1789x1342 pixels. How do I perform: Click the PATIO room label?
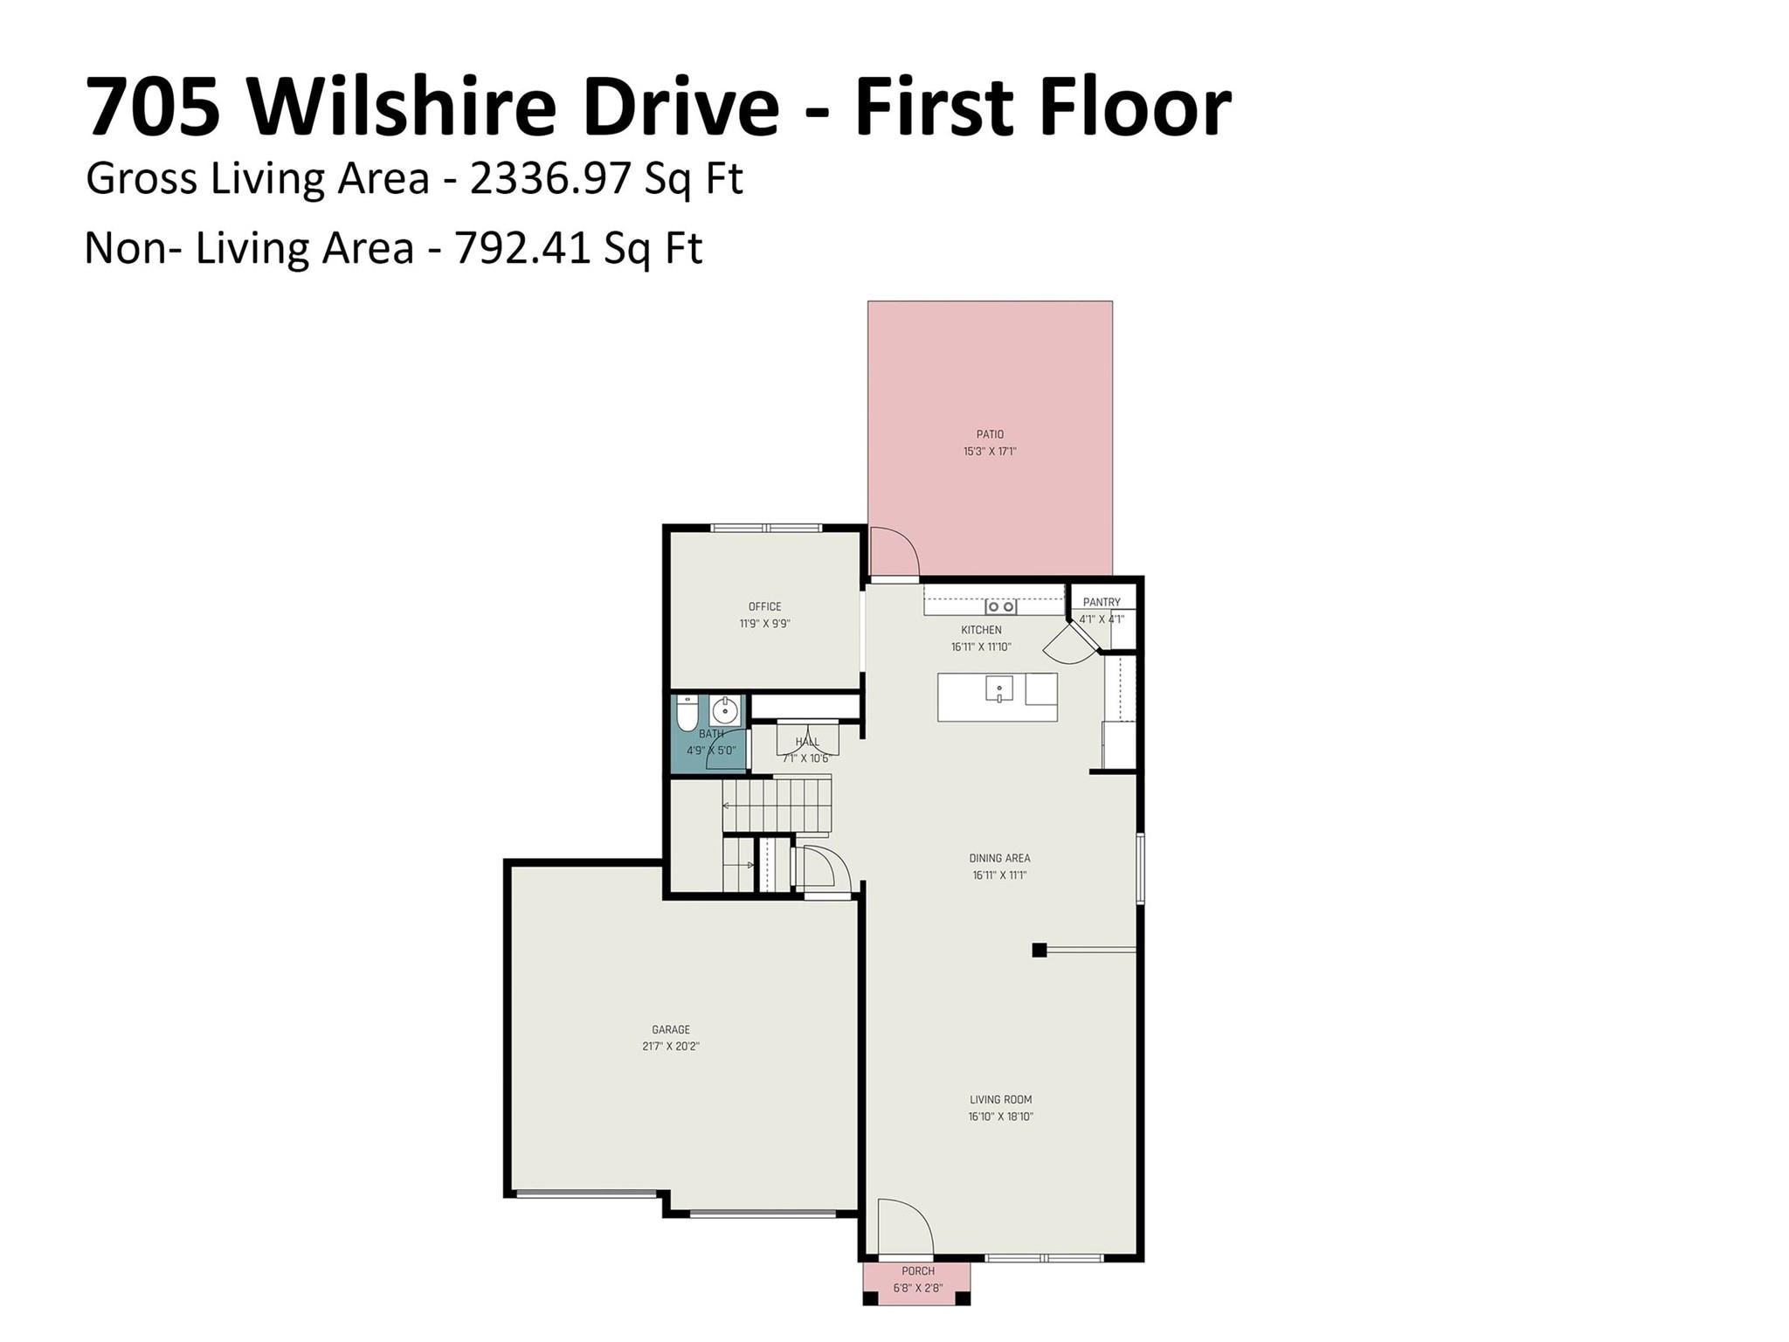click(x=990, y=434)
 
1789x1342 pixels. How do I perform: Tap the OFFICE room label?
click(x=764, y=606)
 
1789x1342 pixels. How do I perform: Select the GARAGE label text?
click(x=670, y=1030)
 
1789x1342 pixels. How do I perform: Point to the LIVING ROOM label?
click(x=1000, y=1100)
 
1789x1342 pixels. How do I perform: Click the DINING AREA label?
click(x=999, y=858)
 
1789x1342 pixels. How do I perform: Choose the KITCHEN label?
click(x=981, y=630)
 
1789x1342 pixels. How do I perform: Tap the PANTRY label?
click(x=1102, y=602)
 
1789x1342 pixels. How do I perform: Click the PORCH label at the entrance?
click(x=917, y=1271)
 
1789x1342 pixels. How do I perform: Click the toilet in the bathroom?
click(x=687, y=713)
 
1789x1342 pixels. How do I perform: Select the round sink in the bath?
click(x=724, y=709)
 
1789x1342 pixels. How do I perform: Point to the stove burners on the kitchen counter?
click(x=1000, y=606)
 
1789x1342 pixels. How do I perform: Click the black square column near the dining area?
click(x=1040, y=950)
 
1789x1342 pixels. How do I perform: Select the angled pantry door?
click(x=1070, y=645)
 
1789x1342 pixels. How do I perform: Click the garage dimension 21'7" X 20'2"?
click(x=670, y=1047)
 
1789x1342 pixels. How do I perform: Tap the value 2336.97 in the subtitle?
click(x=549, y=178)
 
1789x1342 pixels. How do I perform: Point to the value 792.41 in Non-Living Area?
click(x=523, y=248)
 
